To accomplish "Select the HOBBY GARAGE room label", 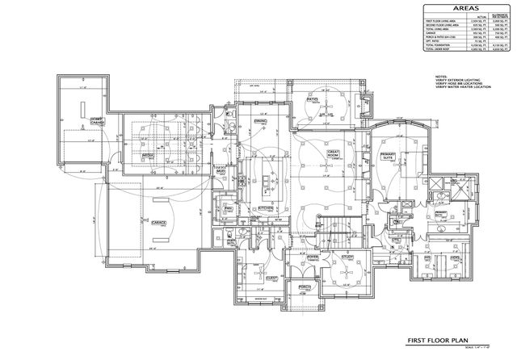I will click(98, 120).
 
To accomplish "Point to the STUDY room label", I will click(347, 257).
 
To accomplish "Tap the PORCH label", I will click(305, 287).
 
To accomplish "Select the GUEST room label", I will click(271, 278).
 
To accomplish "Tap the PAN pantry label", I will click(229, 208).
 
